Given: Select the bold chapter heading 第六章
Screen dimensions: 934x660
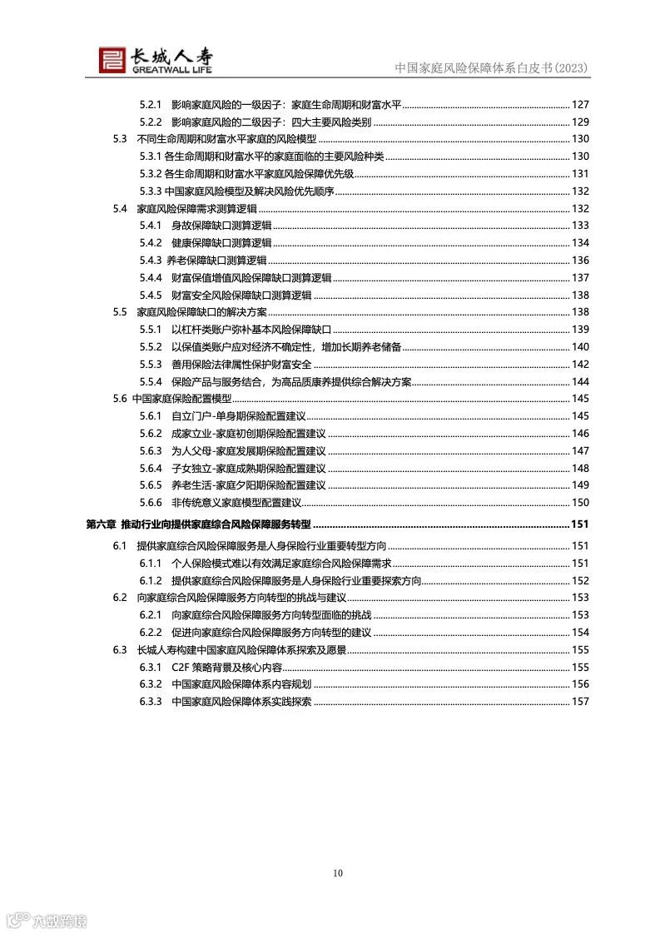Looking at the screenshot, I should pos(101,524).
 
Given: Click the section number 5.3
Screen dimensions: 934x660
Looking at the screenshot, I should pos(120,138).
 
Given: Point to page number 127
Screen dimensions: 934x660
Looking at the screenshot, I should pos(580,104).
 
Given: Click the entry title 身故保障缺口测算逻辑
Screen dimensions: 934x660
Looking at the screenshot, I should pos(221,226).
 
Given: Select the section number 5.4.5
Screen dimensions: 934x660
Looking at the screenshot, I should pos(150,295).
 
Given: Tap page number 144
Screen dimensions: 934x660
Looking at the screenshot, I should pos(580,381).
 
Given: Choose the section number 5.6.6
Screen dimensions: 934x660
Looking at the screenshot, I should pos(150,503).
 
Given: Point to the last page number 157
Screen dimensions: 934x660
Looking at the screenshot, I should pos(580,701).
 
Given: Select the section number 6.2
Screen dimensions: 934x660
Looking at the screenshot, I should pos(120,598).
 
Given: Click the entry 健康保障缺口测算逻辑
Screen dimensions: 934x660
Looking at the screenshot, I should pos(221,242).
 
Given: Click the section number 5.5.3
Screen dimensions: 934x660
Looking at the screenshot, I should pos(150,365).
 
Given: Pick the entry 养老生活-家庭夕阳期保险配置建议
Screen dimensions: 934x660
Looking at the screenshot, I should pos(248,485).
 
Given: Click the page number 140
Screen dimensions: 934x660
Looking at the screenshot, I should pos(580,346).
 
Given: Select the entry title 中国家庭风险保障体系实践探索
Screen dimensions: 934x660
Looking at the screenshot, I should pos(241,701).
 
